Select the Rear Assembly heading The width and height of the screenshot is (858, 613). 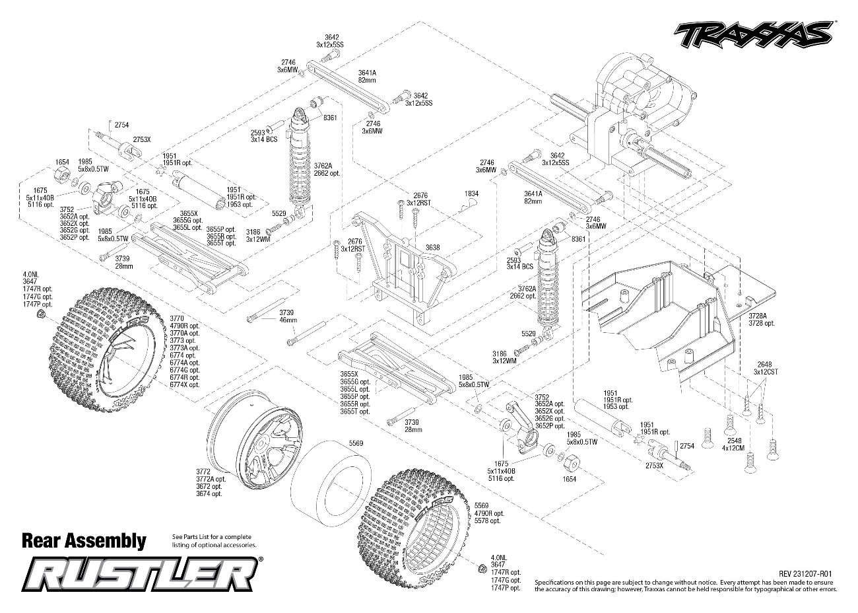(x=84, y=540)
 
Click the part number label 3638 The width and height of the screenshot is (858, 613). (x=432, y=247)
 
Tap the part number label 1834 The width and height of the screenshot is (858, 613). (x=471, y=194)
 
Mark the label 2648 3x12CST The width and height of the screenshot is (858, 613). (x=766, y=367)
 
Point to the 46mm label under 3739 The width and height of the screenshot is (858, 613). (x=288, y=319)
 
